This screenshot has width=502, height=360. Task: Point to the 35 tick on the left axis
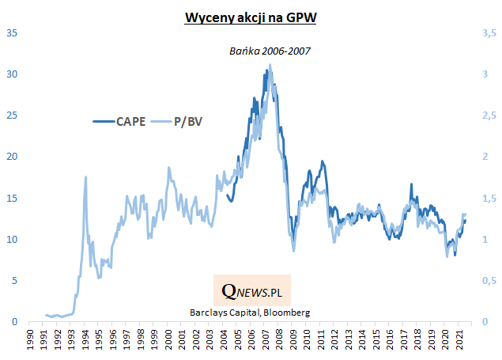click(x=13, y=33)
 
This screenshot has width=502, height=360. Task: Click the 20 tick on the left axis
click(x=13, y=157)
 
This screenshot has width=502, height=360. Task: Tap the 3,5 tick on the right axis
click(x=489, y=33)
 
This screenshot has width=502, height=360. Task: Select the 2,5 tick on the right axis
click(x=489, y=116)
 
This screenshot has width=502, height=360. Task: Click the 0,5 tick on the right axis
click(x=489, y=280)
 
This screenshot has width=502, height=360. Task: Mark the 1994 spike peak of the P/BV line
click(x=85, y=177)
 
